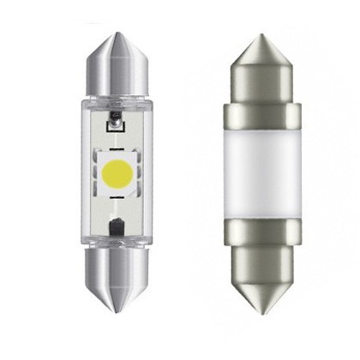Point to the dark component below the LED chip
pos(116,228)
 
